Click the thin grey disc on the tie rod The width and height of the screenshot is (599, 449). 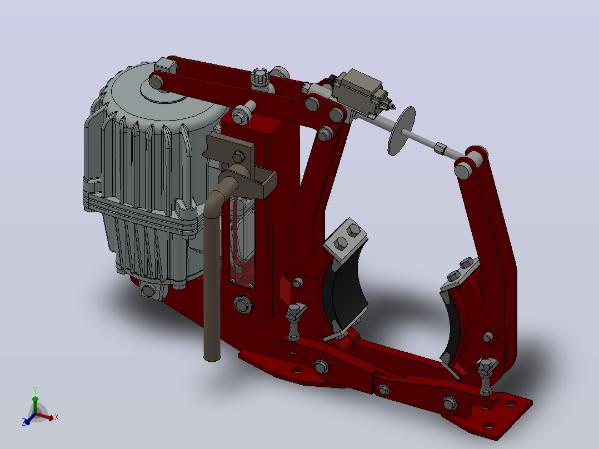coord(402,131)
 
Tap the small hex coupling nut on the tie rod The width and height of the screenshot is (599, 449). coord(441,148)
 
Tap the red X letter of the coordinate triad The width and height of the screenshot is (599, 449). coord(57,417)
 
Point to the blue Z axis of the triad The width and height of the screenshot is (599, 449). coord(28,419)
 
